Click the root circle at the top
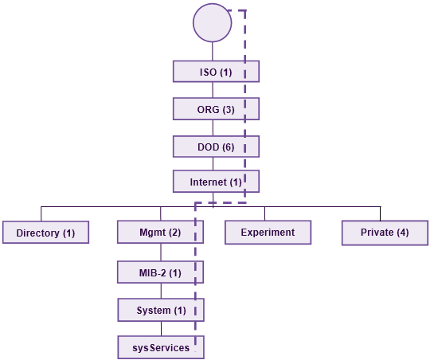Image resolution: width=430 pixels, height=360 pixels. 213,22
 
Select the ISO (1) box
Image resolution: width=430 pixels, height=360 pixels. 216,72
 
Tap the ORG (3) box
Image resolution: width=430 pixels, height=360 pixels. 216,108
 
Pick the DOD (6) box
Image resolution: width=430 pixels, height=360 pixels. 216,147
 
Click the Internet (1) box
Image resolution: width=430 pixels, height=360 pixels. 216,182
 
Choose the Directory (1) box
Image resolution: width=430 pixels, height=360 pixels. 46,232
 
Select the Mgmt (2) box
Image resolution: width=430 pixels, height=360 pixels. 160,232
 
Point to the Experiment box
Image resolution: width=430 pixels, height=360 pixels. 268,232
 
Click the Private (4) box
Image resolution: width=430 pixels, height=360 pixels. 385,233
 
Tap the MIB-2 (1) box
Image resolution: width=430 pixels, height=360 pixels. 160,272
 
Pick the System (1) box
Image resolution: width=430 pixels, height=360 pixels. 161,310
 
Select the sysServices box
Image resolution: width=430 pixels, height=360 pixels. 161,347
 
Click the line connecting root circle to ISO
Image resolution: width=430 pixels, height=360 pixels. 213,51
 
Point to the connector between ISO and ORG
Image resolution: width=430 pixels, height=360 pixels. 213,90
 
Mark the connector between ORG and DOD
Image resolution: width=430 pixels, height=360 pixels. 213,127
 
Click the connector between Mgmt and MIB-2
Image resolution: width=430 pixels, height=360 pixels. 161,252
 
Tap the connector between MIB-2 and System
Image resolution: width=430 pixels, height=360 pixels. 161,291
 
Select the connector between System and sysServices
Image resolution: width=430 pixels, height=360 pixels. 161,328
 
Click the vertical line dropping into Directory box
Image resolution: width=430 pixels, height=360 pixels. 41,213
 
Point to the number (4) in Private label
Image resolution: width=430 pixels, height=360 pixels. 402,233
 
